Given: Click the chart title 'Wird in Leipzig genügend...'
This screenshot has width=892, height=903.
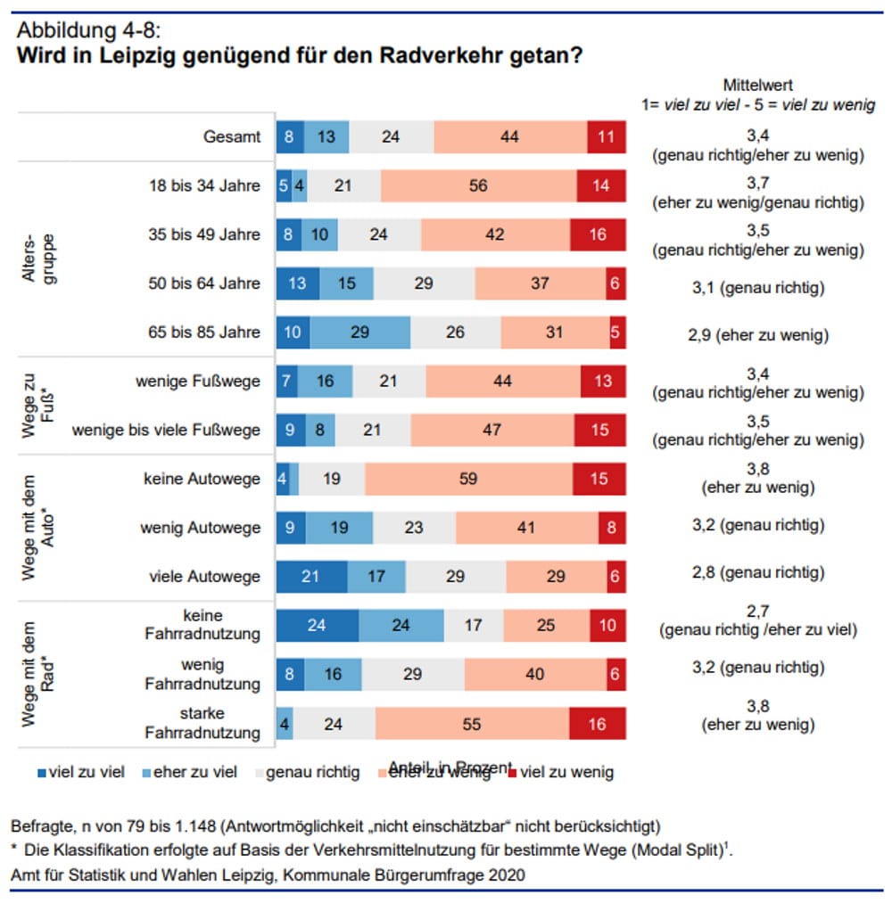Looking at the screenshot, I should [x=299, y=56].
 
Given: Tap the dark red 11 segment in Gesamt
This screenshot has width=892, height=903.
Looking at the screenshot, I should [x=607, y=137].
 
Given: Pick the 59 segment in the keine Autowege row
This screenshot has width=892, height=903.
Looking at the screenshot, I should [x=468, y=479].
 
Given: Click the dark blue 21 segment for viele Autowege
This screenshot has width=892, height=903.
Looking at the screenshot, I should [x=311, y=577].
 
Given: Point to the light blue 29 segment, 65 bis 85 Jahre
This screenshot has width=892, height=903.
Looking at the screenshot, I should [x=360, y=332].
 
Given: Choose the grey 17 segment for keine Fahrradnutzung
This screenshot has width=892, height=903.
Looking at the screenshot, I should [x=473, y=626].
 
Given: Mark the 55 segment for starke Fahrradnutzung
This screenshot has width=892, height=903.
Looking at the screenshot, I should [x=472, y=724].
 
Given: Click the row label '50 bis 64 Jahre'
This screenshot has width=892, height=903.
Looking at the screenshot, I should [x=204, y=283].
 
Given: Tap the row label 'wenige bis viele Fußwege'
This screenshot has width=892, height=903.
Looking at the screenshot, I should [x=167, y=430].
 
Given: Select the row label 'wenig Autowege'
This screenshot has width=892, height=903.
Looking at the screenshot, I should [x=201, y=528].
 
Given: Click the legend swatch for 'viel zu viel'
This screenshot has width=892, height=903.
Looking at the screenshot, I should [x=18, y=772].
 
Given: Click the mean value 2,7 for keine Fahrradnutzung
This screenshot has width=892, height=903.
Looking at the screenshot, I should [x=757, y=615].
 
